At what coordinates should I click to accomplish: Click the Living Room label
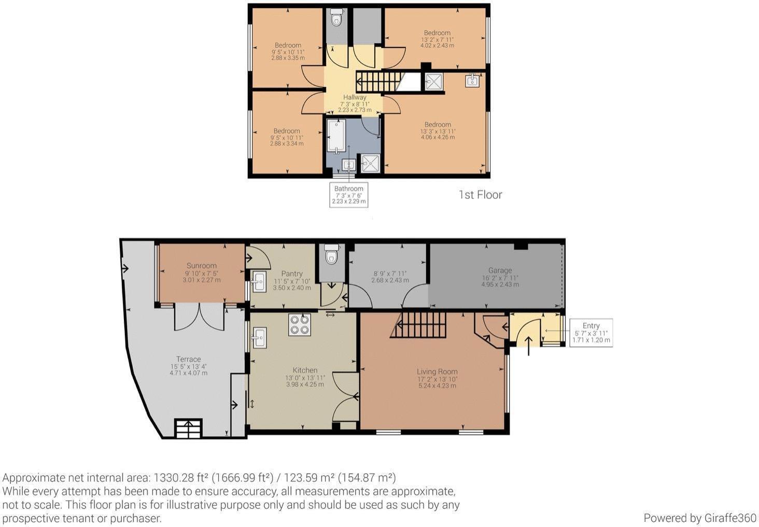(x=437, y=372)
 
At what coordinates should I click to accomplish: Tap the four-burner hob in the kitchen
(x=300, y=325)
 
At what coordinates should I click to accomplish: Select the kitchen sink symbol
(x=258, y=338)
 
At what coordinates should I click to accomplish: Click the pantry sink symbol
(x=259, y=282)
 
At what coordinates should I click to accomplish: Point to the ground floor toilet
(x=331, y=255)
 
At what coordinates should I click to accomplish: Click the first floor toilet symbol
(x=337, y=18)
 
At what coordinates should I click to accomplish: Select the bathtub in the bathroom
(x=337, y=136)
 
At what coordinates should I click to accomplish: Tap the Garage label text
(x=500, y=270)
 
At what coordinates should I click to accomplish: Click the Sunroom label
(x=201, y=266)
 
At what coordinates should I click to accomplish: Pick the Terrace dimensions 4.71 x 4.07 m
(x=188, y=373)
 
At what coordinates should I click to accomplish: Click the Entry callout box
(x=591, y=333)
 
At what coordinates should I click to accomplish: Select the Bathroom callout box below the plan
(x=348, y=195)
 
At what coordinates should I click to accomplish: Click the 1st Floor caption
(x=480, y=195)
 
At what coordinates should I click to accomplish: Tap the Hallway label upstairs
(x=355, y=97)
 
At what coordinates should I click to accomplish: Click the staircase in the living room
(x=418, y=325)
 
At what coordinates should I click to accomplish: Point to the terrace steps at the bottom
(x=188, y=429)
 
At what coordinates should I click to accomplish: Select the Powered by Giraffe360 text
(x=699, y=518)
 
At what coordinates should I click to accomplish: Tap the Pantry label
(x=292, y=274)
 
